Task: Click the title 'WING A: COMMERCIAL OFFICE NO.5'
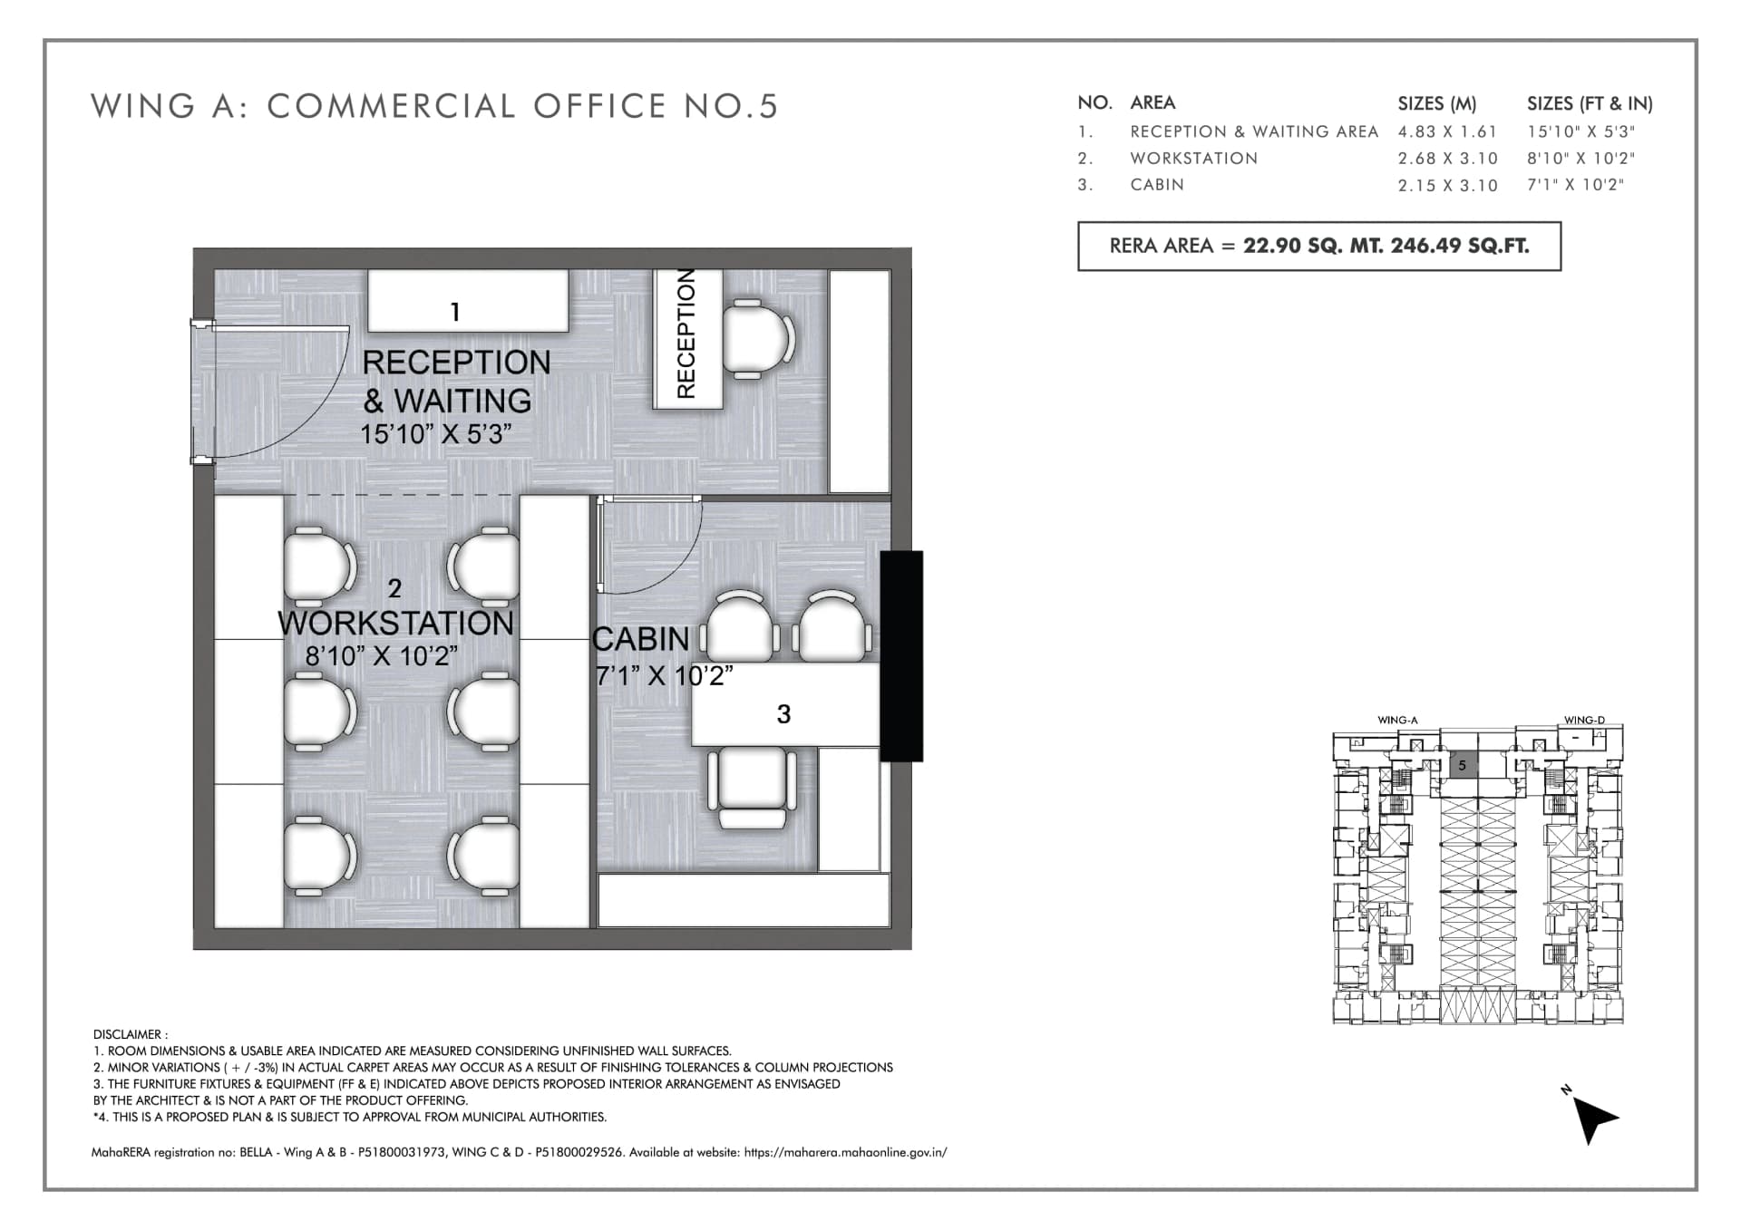point(434,106)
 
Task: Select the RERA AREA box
point(1319,246)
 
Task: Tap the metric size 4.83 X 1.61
point(1447,131)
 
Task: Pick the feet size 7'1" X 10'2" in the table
point(1575,185)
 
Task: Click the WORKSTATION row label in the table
point(1193,158)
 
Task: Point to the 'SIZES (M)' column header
point(1437,103)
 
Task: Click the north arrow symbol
point(1593,1119)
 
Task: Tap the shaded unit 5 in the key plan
point(1462,765)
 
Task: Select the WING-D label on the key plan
point(1584,721)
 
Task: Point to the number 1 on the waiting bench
point(455,313)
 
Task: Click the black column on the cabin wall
point(901,656)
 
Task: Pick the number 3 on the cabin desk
point(783,714)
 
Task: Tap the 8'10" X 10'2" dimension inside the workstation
point(381,656)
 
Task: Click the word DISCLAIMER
point(130,1034)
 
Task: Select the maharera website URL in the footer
point(845,1153)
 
